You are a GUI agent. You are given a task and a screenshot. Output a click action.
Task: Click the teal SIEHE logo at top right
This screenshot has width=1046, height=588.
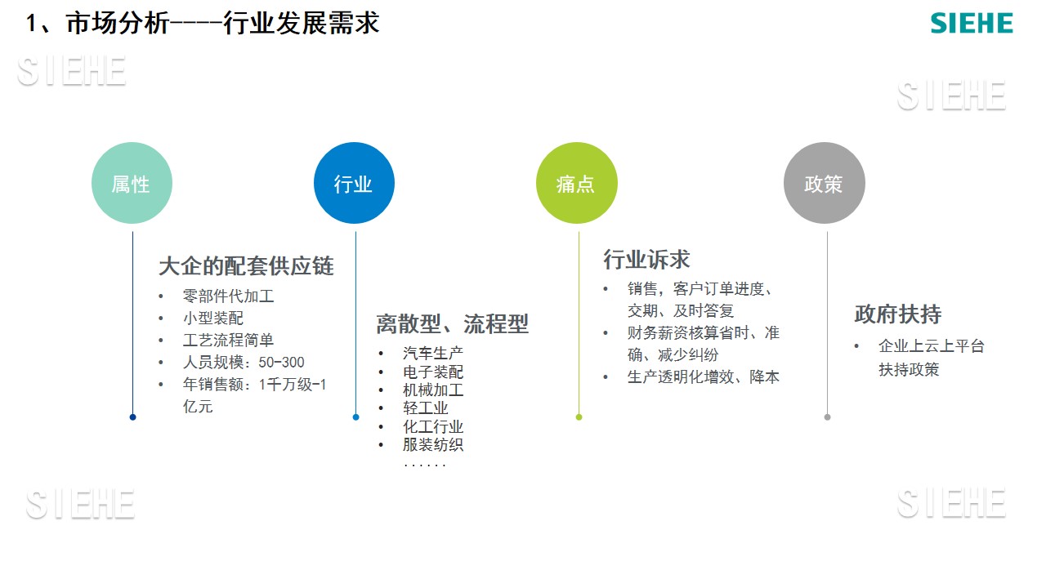click(x=972, y=23)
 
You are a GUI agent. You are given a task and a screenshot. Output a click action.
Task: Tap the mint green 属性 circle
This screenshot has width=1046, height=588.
click(x=132, y=183)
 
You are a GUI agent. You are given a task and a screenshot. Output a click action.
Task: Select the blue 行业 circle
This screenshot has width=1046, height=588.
click(x=354, y=183)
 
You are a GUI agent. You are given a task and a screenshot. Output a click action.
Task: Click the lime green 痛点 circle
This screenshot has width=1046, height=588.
click(x=577, y=183)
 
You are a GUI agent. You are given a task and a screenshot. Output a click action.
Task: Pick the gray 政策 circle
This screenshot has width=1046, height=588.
click(x=825, y=183)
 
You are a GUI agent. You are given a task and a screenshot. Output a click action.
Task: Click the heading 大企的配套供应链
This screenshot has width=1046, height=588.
click(x=246, y=266)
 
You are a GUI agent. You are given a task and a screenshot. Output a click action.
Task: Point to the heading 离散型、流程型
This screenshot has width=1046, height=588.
click(x=452, y=324)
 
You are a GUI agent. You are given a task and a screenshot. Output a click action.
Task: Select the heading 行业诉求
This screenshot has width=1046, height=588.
click(x=646, y=260)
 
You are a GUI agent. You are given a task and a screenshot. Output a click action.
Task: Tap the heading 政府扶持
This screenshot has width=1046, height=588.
click(x=897, y=314)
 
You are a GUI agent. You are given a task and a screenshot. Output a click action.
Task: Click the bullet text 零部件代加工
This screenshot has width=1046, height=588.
click(x=228, y=296)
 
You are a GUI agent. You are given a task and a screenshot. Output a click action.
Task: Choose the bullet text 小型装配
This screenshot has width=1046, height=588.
click(x=213, y=318)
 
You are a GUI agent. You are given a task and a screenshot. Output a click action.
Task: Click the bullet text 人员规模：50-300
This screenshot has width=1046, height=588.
click(x=244, y=362)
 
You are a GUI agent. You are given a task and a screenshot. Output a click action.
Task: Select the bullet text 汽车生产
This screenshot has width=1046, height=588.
click(x=433, y=354)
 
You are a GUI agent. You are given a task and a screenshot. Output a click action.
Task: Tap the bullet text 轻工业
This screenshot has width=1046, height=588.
click(x=426, y=408)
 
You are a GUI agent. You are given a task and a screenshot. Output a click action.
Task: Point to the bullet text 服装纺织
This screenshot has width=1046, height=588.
click(x=433, y=444)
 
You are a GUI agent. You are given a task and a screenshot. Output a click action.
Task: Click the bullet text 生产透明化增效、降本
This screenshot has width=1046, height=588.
click(x=704, y=376)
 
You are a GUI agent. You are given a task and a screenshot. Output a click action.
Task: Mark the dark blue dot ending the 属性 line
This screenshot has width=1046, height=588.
click(x=132, y=417)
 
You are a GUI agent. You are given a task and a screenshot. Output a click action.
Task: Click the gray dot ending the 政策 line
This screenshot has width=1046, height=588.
click(x=827, y=417)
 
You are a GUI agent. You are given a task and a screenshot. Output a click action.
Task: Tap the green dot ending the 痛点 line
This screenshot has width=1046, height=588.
click(x=579, y=417)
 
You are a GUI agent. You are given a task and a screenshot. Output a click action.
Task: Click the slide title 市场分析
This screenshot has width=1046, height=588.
click(x=117, y=24)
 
